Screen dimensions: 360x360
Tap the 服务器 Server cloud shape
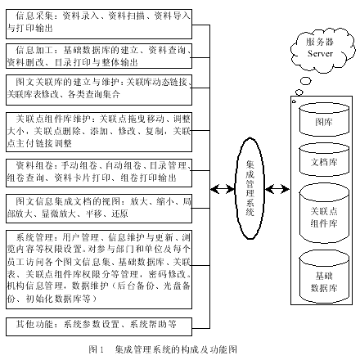(318, 47)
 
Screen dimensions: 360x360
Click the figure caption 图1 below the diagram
(163, 349)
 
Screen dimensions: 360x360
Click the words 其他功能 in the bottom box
(32, 324)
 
